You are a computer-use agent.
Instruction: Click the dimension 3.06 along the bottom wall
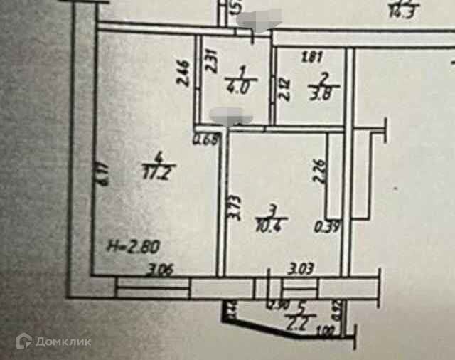pyautogui.click(x=161, y=270)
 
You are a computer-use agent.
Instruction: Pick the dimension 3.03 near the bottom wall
pyautogui.click(x=301, y=270)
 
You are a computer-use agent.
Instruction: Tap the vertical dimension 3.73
pyautogui.click(x=238, y=211)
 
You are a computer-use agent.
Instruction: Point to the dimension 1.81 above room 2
pyautogui.click(x=311, y=56)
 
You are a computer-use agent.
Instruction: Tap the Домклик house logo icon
pyautogui.click(x=25, y=342)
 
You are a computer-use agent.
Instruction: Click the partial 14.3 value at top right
pyautogui.click(x=402, y=10)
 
